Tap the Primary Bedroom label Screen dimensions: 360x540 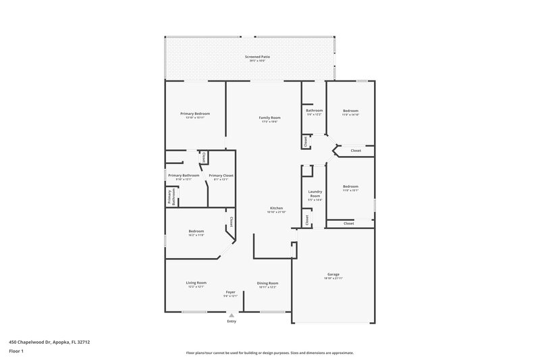[x=194, y=113]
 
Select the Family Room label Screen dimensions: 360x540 [x=270, y=118]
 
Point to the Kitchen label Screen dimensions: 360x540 [x=276, y=207]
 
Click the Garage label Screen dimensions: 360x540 [x=333, y=274]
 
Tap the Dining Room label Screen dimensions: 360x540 [x=267, y=283]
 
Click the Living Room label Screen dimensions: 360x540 [x=196, y=282]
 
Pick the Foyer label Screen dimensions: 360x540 [x=231, y=292]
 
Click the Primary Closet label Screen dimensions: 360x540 [x=223, y=176]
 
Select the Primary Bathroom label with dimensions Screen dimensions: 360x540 [x=183, y=176]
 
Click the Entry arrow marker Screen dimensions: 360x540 [x=232, y=314]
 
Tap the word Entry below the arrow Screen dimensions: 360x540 [x=232, y=322]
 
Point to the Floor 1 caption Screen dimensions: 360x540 [x=16, y=352]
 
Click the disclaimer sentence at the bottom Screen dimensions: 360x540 [x=269, y=353]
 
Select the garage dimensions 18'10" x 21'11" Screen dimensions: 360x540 [x=333, y=278]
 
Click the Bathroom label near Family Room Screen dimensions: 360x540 [x=315, y=110]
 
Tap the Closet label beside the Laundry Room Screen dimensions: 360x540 [x=307, y=220]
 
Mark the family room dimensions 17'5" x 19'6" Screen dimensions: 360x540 [x=270, y=122]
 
